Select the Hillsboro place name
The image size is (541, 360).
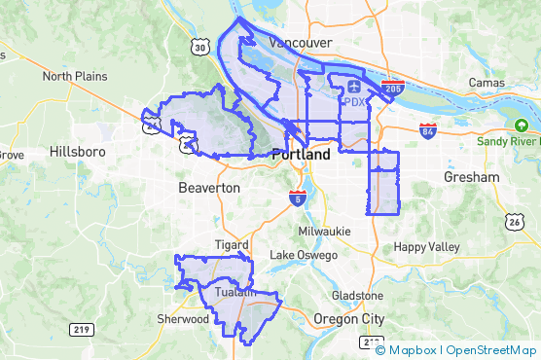pyautogui.click(x=83, y=153)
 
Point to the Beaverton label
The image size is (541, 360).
pyautogui.click(x=209, y=186)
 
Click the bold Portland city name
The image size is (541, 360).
pyautogui.click(x=302, y=155)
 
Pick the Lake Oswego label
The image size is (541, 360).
pyautogui.click(x=304, y=255)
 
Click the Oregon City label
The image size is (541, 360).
pyautogui.click(x=349, y=319)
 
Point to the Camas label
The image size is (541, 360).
pyautogui.click(x=486, y=83)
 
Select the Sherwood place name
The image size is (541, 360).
pyautogui.click(x=183, y=319)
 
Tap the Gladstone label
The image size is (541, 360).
pyautogui.click(x=357, y=294)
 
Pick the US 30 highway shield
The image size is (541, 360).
pyautogui.click(x=199, y=46)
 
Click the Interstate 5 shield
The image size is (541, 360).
pyautogui.click(x=296, y=198)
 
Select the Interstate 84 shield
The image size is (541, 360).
pyautogui.click(x=427, y=129)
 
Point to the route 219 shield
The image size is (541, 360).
pyautogui.click(x=81, y=330)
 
